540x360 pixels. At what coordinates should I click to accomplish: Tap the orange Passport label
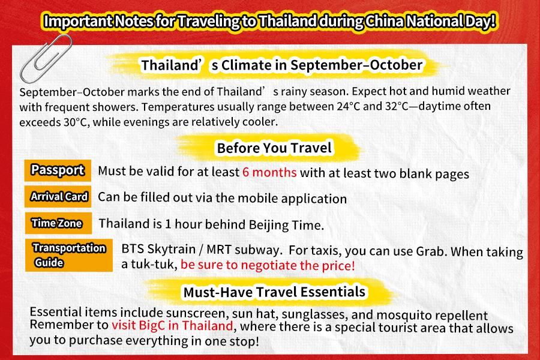point(58,170)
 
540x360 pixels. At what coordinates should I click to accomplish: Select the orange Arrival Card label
point(58,196)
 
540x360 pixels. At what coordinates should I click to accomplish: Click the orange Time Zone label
point(58,223)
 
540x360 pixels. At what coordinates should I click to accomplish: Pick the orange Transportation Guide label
point(69,255)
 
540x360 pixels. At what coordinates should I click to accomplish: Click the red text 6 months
point(269,172)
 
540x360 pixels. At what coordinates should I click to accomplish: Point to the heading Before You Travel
point(274,148)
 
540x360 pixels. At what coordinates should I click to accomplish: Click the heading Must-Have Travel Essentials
point(274,292)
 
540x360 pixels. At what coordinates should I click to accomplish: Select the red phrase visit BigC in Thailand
point(172,325)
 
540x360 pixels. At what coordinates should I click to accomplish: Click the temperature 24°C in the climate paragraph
point(348,106)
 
